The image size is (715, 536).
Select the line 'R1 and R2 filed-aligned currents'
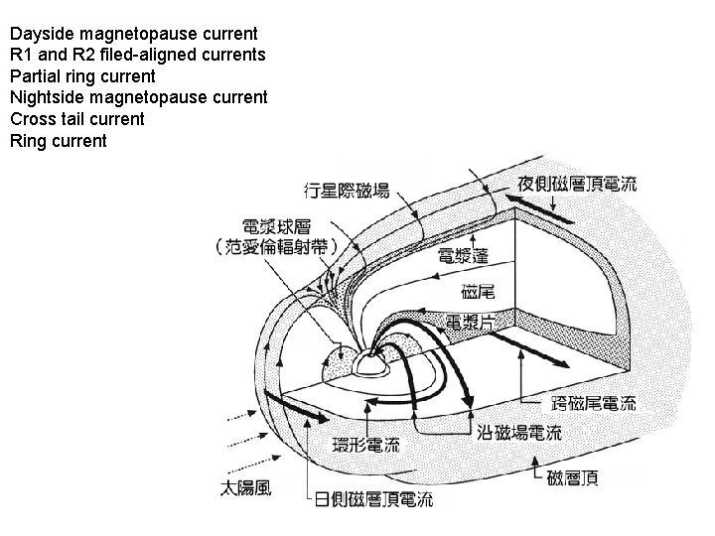pos(137,55)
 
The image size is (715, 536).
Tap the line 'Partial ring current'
pos(82,75)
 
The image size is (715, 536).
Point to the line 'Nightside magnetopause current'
pos(138,97)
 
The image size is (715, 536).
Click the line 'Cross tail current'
pos(76,119)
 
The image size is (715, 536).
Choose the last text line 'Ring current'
pos(58,141)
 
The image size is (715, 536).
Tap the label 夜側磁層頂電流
pos(577,184)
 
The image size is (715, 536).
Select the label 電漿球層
pos(281,226)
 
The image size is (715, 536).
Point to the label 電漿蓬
pos(463,256)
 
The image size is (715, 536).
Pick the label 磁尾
pos(479,292)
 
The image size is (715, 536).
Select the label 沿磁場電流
pos(518,433)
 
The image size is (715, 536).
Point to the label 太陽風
pos(246,487)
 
